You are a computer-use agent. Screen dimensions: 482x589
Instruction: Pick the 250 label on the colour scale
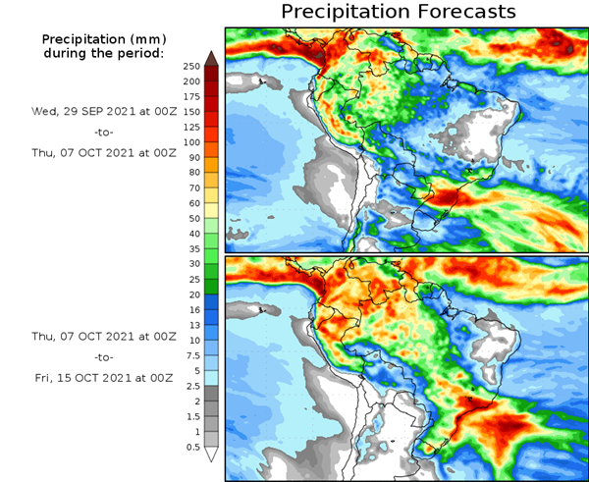pos(190,66)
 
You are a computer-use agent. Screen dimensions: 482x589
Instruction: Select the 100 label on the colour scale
pos(190,142)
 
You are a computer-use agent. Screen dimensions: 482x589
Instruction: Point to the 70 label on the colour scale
pos(193,187)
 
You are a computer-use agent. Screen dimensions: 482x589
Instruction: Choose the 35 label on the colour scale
pos(193,248)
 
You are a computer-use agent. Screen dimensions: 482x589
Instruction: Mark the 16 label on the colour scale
pos(193,309)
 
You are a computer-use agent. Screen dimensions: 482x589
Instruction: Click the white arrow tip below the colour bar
pos(211,455)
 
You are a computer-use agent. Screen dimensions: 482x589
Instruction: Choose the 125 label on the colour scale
pos(190,127)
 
